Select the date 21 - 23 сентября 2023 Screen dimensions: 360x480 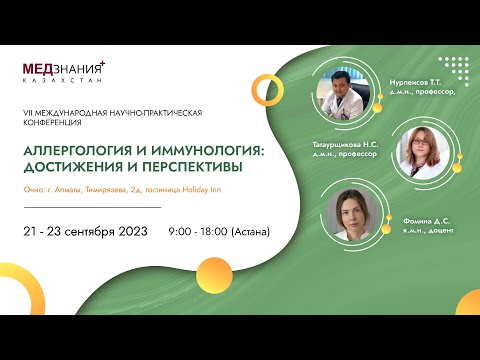[x=85, y=231]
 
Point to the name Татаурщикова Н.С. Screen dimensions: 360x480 [x=336, y=145]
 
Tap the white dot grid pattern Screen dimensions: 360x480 [x=453, y=70]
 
